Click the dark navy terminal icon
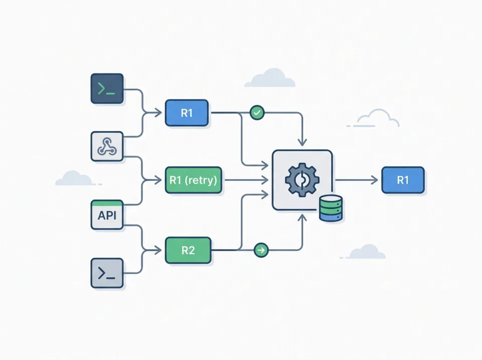107,89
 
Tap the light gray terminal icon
107,273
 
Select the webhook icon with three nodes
107,147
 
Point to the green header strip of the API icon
107,203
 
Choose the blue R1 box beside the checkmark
186,113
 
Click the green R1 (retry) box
193,180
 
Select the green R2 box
188,250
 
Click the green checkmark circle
257,113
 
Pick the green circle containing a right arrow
261,250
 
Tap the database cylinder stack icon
331,208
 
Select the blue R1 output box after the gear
403,180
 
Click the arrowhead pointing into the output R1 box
374,180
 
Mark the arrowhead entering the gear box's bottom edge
302,216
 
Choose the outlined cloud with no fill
378,118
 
